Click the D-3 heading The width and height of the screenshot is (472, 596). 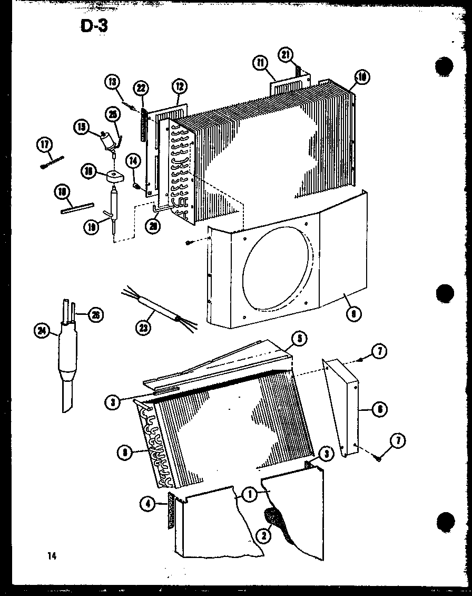click(x=94, y=25)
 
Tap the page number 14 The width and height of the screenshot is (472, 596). click(x=51, y=555)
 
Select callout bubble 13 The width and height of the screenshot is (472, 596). click(x=112, y=82)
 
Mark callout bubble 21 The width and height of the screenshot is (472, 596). click(x=285, y=55)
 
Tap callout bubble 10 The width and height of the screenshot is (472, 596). click(x=361, y=78)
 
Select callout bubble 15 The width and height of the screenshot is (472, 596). click(x=81, y=127)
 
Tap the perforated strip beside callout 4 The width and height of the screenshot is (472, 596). click(x=170, y=511)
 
